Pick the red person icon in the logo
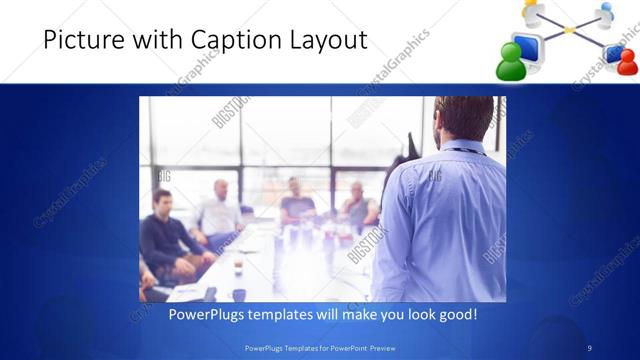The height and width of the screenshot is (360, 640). (626, 62)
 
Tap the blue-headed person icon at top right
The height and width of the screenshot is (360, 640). (604, 12)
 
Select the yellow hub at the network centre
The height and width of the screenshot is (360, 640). (569, 30)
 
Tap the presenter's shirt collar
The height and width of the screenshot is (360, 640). (462, 148)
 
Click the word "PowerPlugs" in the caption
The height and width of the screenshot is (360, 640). (204, 314)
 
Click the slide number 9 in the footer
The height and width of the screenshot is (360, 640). (589, 347)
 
